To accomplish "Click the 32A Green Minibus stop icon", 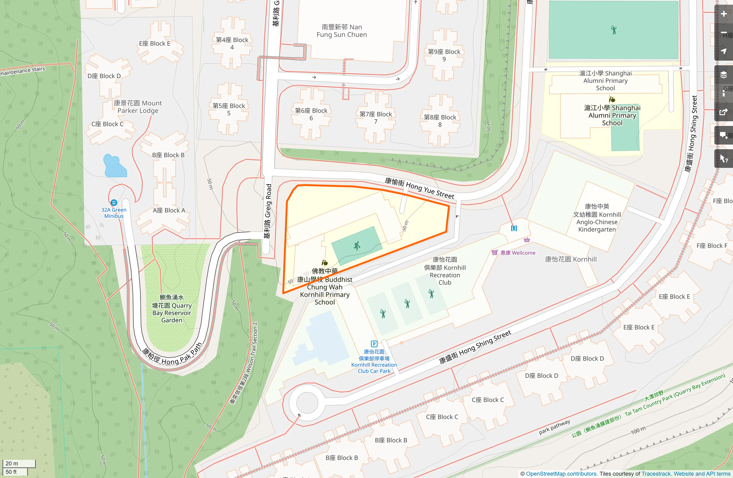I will [114, 202].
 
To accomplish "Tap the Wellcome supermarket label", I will [517, 253].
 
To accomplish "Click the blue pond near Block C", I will [114, 166].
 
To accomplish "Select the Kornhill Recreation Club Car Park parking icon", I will [374, 344].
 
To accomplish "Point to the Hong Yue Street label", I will [419, 188].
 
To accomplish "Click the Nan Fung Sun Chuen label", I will [342, 31].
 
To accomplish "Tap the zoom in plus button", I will [724, 14].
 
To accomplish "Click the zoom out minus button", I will [724, 33].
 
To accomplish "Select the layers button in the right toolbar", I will [724, 75].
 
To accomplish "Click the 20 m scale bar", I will [19, 463].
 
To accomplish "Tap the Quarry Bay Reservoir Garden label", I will [172, 309].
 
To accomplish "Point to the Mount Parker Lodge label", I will [138, 107].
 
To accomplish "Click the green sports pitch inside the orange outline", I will [356, 246].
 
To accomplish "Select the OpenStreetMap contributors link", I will [561, 474].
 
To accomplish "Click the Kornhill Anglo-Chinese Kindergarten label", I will [597, 218].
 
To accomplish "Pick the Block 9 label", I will [444, 55].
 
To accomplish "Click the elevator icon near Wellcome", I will [514, 228].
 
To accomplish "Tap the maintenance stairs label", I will [23, 71].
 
